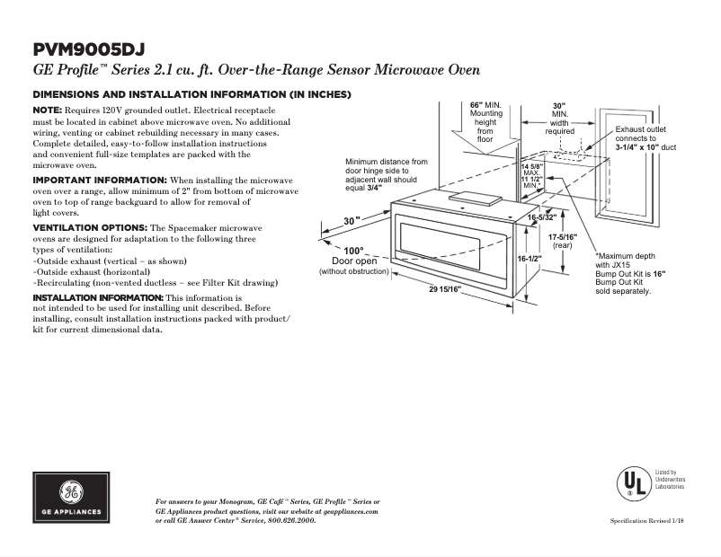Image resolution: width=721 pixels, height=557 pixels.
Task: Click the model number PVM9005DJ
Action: point(88,49)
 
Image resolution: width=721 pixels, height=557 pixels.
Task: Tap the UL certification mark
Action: point(632,483)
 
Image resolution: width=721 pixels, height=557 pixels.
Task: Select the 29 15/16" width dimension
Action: point(444,288)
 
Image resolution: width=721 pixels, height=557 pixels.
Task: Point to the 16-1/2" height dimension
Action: point(530,258)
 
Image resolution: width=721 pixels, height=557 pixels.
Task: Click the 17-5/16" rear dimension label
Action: point(563,240)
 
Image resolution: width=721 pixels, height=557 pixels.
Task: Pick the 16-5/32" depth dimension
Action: point(541,217)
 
